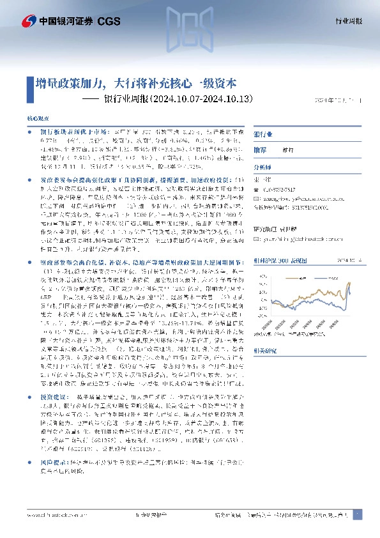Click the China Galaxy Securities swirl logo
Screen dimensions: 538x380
29,20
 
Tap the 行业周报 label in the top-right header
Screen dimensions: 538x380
349,21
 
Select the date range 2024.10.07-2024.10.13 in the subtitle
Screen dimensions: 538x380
204,99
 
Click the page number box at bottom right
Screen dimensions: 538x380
357,514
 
